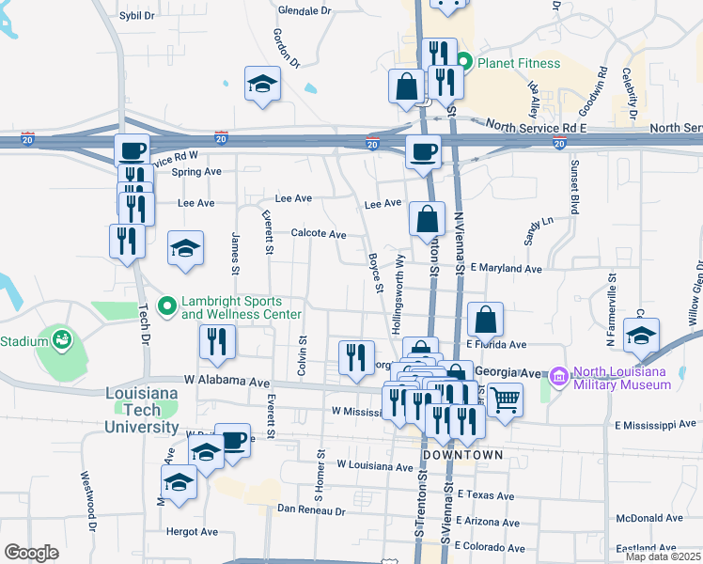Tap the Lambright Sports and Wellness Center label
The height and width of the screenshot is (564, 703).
pos(242,307)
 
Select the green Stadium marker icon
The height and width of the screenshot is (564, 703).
pos(62,338)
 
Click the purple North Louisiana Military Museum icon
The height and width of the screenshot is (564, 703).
pos(559,376)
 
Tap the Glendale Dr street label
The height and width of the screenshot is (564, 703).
pos(305,11)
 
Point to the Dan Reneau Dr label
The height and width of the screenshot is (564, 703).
pos(311,511)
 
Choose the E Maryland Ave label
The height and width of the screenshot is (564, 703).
pos(507,268)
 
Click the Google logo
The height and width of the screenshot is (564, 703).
pos(31,553)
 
